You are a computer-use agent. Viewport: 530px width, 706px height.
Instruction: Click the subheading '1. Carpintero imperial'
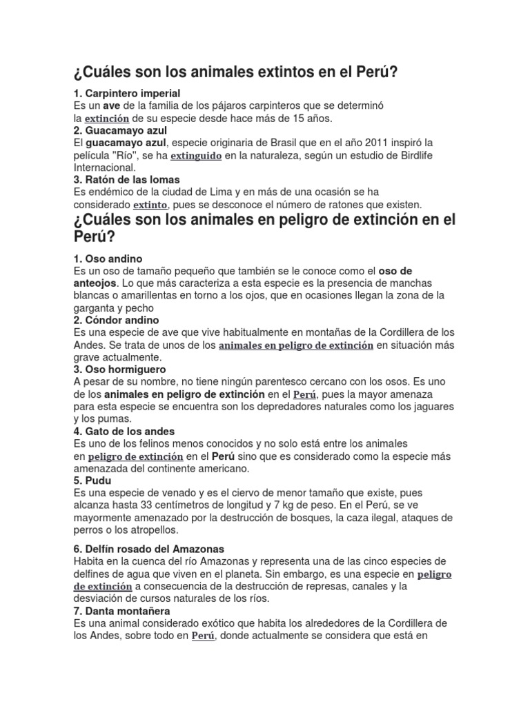[x=126, y=93]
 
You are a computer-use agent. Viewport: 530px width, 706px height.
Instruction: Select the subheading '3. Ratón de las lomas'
[x=126, y=180]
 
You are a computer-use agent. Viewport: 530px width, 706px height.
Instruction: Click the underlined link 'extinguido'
[x=196, y=156]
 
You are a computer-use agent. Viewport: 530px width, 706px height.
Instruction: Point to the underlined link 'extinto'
[x=150, y=205]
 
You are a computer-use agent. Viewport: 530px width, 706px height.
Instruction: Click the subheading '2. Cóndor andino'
[x=116, y=320]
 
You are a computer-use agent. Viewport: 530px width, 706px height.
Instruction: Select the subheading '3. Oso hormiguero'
[x=119, y=370]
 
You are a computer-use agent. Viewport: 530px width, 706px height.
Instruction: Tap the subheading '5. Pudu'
[x=92, y=481]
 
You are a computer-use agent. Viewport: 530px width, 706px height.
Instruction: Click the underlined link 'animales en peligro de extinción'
[x=296, y=345]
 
